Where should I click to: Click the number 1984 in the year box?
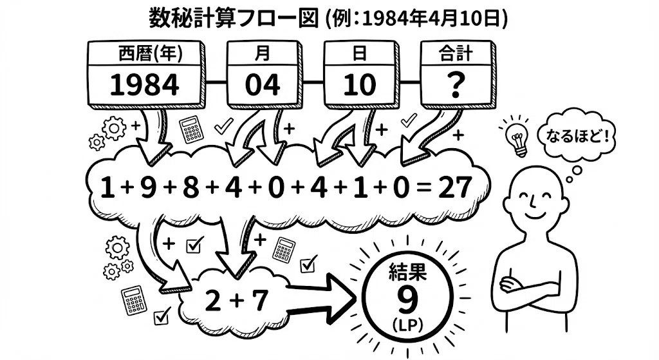(x=145, y=86)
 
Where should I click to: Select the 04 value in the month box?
(x=263, y=86)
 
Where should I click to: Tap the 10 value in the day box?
(x=360, y=86)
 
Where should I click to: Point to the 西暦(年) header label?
(x=151, y=54)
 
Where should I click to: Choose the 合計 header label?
(x=456, y=54)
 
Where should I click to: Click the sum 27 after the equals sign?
(x=455, y=187)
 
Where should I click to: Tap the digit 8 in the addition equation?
(x=190, y=187)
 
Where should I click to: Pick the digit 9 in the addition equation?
(x=148, y=187)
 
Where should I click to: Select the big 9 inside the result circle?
(x=407, y=299)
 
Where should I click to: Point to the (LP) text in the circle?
(x=407, y=325)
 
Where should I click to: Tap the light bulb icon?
(x=518, y=138)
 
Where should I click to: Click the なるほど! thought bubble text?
(x=577, y=135)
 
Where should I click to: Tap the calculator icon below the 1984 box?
(x=192, y=129)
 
